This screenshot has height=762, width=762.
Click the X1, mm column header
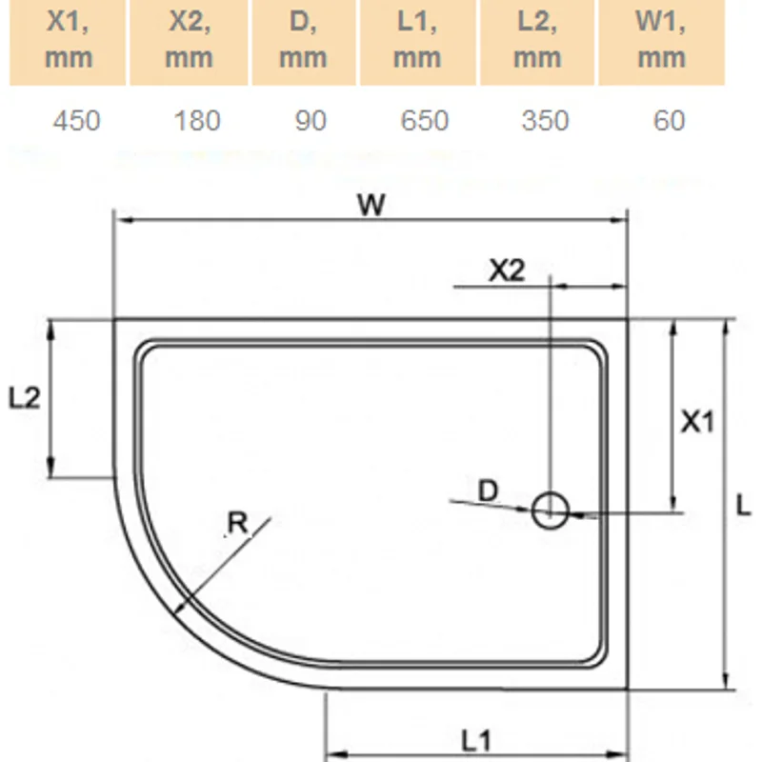(69, 42)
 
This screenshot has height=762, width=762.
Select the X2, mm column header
(189, 42)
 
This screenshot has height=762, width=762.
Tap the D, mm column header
(303, 42)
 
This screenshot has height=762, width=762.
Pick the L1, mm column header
(416, 42)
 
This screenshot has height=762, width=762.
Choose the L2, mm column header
(537, 42)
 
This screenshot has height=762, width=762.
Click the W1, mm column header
(661, 42)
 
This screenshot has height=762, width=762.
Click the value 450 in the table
(76, 120)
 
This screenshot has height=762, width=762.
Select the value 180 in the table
(197, 120)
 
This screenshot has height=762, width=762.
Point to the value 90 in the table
(311, 120)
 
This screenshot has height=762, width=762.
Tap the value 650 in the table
(424, 120)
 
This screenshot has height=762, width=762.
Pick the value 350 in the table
(545, 120)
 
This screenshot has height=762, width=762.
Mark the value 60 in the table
(670, 120)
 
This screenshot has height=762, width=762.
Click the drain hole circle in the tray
(550, 511)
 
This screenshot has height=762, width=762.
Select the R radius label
(238, 522)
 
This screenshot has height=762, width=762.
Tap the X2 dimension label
(506, 271)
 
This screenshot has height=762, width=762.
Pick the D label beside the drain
(488, 491)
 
